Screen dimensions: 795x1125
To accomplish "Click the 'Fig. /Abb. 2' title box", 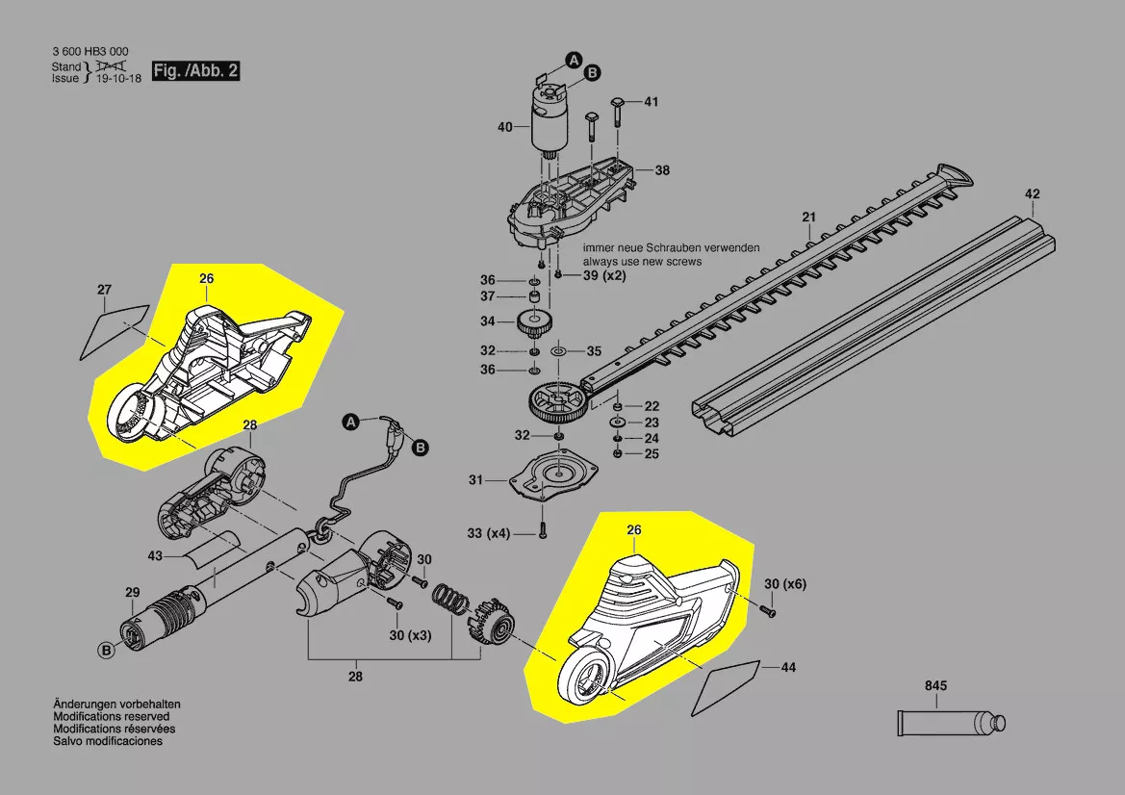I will coord(195,72).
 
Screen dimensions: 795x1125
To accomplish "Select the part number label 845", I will coord(935,686).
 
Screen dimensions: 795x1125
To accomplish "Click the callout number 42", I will coord(1032,194).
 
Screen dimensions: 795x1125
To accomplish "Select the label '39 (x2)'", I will coord(604,276).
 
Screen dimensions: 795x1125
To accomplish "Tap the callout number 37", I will coord(488,296).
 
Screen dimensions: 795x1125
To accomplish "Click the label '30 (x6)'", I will coord(784,584).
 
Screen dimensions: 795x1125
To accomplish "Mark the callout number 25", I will coord(652,453).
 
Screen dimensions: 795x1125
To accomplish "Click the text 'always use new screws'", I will coord(642,261).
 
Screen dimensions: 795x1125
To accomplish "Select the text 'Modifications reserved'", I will coord(111,717).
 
